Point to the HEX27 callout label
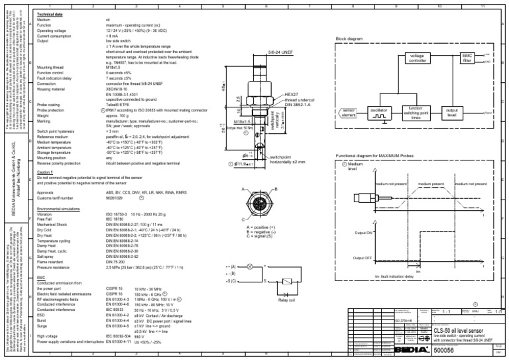pos(292,95)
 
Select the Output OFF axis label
pos(363,259)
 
